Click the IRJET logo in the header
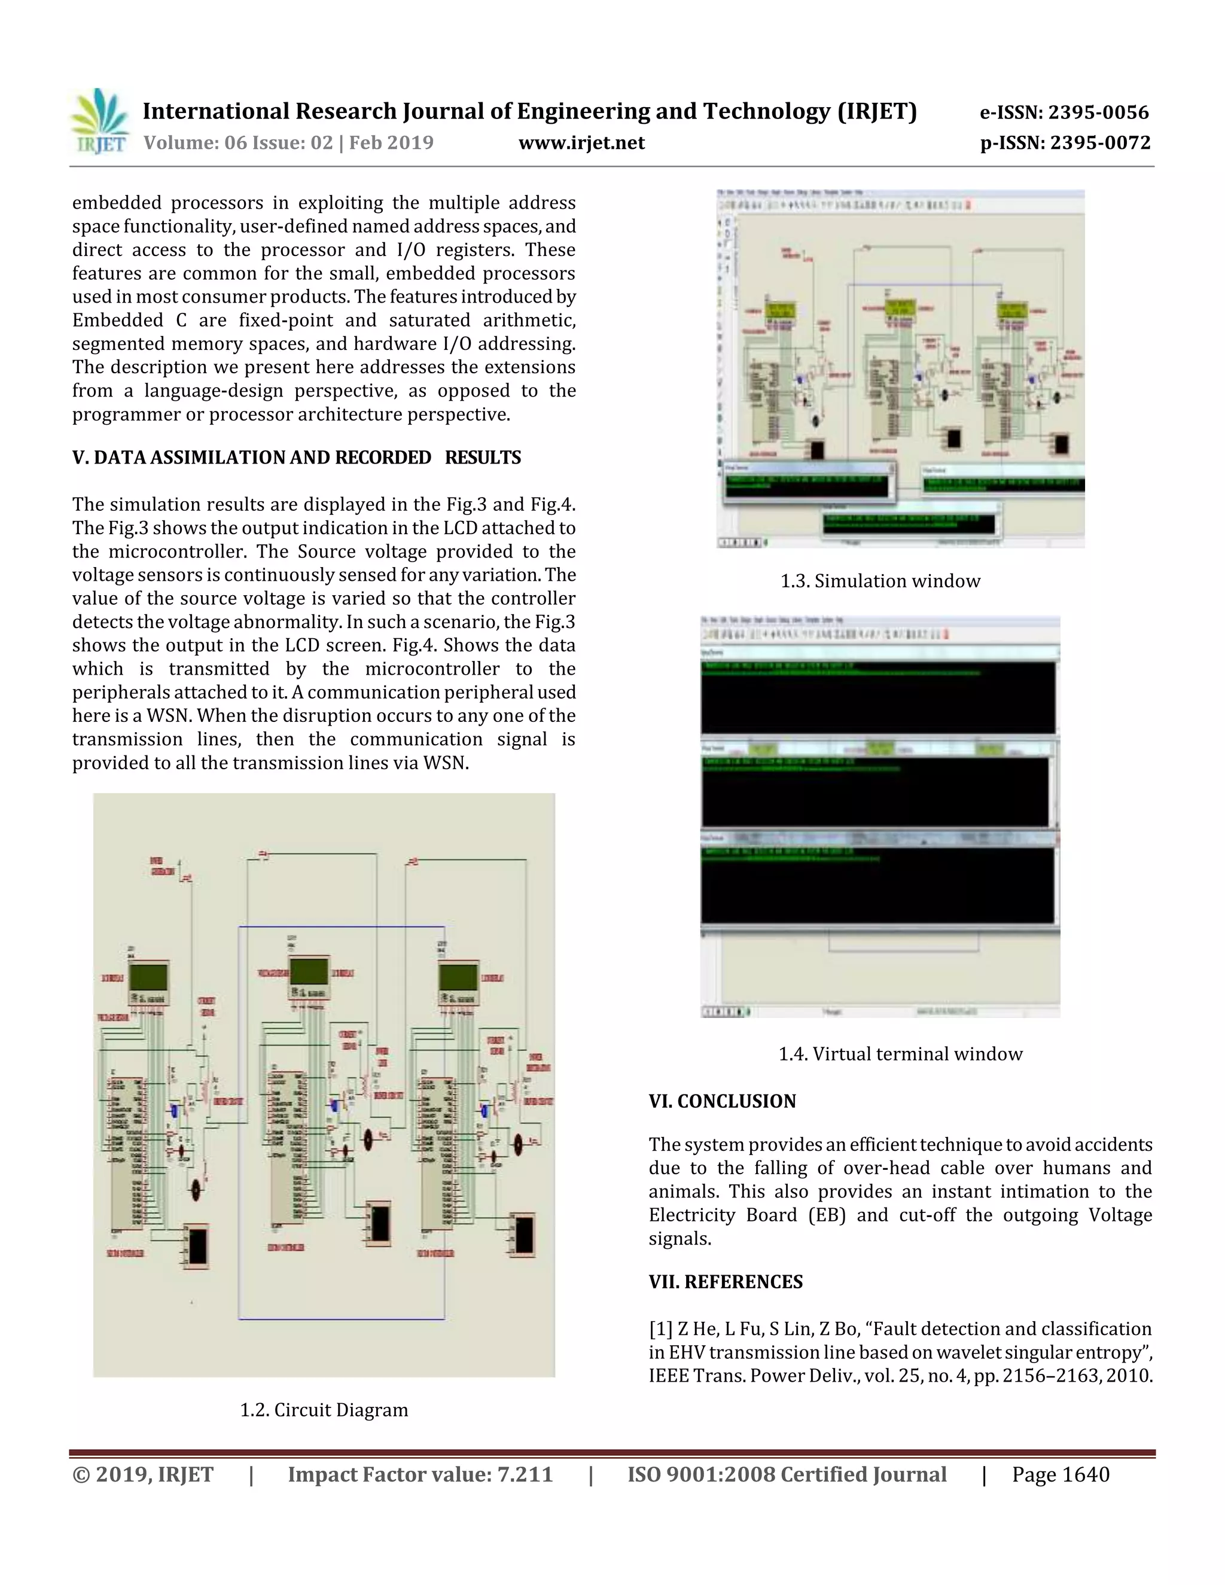coord(99,121)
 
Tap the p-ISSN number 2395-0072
coord(1065,143)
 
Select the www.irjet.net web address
coord(581,143)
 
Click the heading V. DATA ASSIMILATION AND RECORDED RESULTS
coord(296,458)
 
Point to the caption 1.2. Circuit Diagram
coord(324,1410)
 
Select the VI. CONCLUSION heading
coord(722,1102)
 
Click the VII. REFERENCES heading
coord(726,1282)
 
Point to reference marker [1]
coord(660,1330)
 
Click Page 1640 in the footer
coord(1061,1475)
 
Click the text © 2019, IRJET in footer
coord(143,1475)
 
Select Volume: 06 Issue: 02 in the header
coord(238,143)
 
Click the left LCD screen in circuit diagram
coord(149,977)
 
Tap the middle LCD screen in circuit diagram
coord(309,971)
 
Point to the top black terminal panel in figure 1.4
coord(878,697)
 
